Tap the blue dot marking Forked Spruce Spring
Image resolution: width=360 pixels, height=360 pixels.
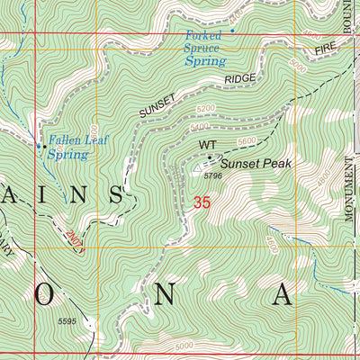tap(231, 31)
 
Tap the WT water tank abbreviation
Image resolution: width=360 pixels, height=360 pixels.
tap(208, 144)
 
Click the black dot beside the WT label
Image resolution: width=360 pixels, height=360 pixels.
tap(211, 156)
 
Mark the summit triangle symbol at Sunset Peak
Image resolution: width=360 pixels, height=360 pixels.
tap(199, 166)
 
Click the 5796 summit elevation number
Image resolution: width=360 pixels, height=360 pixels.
tap(213, 176)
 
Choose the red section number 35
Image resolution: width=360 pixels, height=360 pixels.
tap(202, 204)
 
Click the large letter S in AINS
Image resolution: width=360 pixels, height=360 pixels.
tap(117, 194)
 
